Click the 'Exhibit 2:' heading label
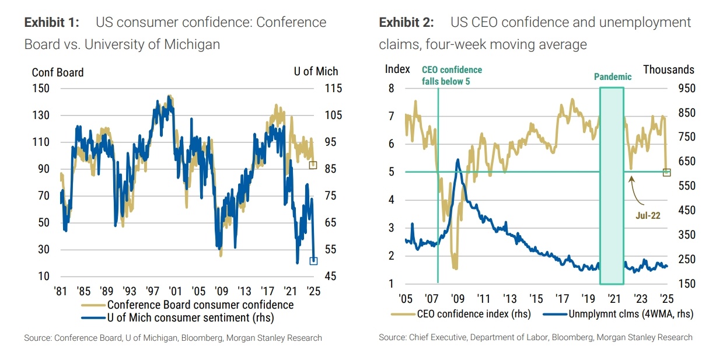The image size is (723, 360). pyautogui.click(x=407, y=23)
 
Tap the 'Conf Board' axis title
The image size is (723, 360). pyautogui.click(x=58, y=72)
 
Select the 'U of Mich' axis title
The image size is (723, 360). pyautogui.click(x=316, y=72)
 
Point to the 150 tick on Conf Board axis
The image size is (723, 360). pyautogui.click(x=40, y=89)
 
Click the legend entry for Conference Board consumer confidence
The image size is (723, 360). pyautogui.click(x=200, y=305)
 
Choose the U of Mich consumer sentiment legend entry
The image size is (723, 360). pyautogui.click(x=190, y=317)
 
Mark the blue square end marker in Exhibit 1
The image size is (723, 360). pyautogui.click(x=313, y=261)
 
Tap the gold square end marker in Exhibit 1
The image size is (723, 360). pyautogui.click(x=313, y=165)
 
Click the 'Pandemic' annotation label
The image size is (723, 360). pyautogui.click(x=613, y=76)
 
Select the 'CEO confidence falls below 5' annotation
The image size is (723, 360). pyautogui.click(x=452, y=75)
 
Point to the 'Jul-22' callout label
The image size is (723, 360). pyautogui.click(x=648, y=215)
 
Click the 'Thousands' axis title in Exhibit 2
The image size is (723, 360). pyautogui.click(x=669, y=69)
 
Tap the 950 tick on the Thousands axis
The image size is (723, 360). pyautogui.click(x=679, y=89)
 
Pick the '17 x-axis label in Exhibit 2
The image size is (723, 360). pyautogui.click(x=563, y=299)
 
